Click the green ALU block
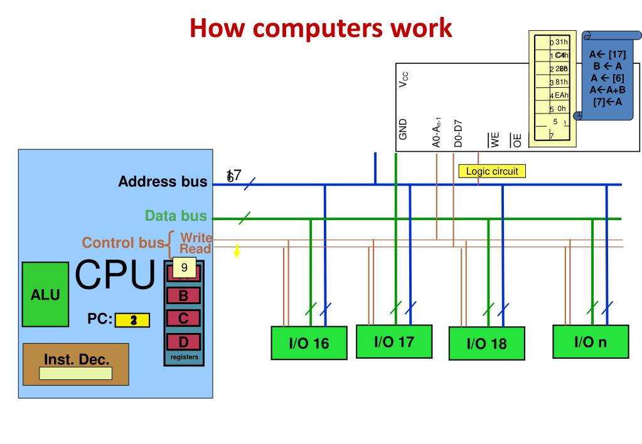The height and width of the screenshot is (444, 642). point(46,293)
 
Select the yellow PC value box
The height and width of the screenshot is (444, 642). point(132,320)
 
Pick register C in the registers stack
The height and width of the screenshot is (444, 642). point(184,319)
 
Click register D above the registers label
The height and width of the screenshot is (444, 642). point(184,342)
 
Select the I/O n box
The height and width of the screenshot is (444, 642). point(591,341)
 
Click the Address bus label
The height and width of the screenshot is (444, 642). point(163,182)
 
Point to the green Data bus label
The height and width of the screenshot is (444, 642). point(176,216)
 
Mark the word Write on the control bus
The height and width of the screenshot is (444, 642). point(196,237)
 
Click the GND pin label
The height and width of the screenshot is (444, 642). point(403,129)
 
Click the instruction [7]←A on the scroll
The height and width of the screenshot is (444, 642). point(607,102)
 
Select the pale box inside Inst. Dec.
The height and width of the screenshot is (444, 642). point(75,374)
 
